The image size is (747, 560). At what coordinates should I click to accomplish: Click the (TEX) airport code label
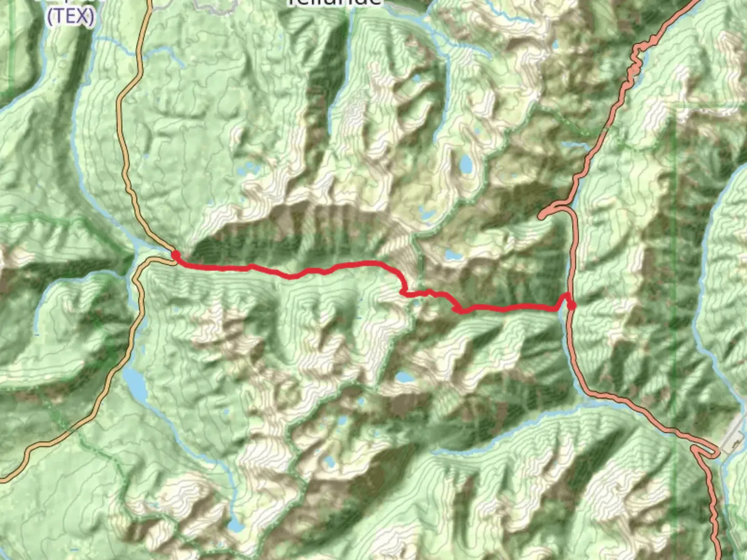click(71, 17)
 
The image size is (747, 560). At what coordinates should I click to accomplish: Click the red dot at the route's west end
click(176, 255)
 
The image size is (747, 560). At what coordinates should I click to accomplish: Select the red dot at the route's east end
click(571, 305)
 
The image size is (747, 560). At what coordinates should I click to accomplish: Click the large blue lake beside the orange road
click(136, 382)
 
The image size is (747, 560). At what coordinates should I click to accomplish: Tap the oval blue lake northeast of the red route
click(466, 164)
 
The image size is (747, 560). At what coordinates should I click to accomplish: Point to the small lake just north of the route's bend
click(450, 255)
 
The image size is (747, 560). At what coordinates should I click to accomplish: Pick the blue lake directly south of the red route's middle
click(404, 377)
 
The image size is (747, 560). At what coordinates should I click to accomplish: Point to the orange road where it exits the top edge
click(149, 3)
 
